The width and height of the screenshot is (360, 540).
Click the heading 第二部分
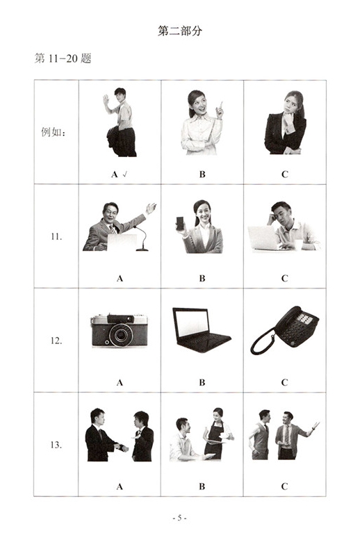point(179,31)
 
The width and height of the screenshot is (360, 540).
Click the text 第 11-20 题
point(63,58)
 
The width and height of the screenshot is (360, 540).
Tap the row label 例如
point(53,132)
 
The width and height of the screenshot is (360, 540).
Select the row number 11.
point(56,236)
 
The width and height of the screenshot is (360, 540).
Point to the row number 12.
point(56,341)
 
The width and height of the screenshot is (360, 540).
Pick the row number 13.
point(56,445)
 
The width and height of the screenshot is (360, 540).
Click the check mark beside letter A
point(124,174)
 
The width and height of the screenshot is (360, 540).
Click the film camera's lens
point(121,335)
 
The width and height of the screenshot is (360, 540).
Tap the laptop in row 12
point(201,330)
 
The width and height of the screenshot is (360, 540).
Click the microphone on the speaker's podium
point(142,238)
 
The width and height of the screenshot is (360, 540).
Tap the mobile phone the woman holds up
point(180,224)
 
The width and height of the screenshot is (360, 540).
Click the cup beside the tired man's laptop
point(298,245)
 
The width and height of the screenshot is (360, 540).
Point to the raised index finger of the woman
point(221,105)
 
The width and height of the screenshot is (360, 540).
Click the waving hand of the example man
point(106,100)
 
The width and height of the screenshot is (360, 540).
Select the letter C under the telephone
point(284,382)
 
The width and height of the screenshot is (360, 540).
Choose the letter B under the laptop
point(202,382)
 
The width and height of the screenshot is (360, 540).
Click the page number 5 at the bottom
point(179,518)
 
